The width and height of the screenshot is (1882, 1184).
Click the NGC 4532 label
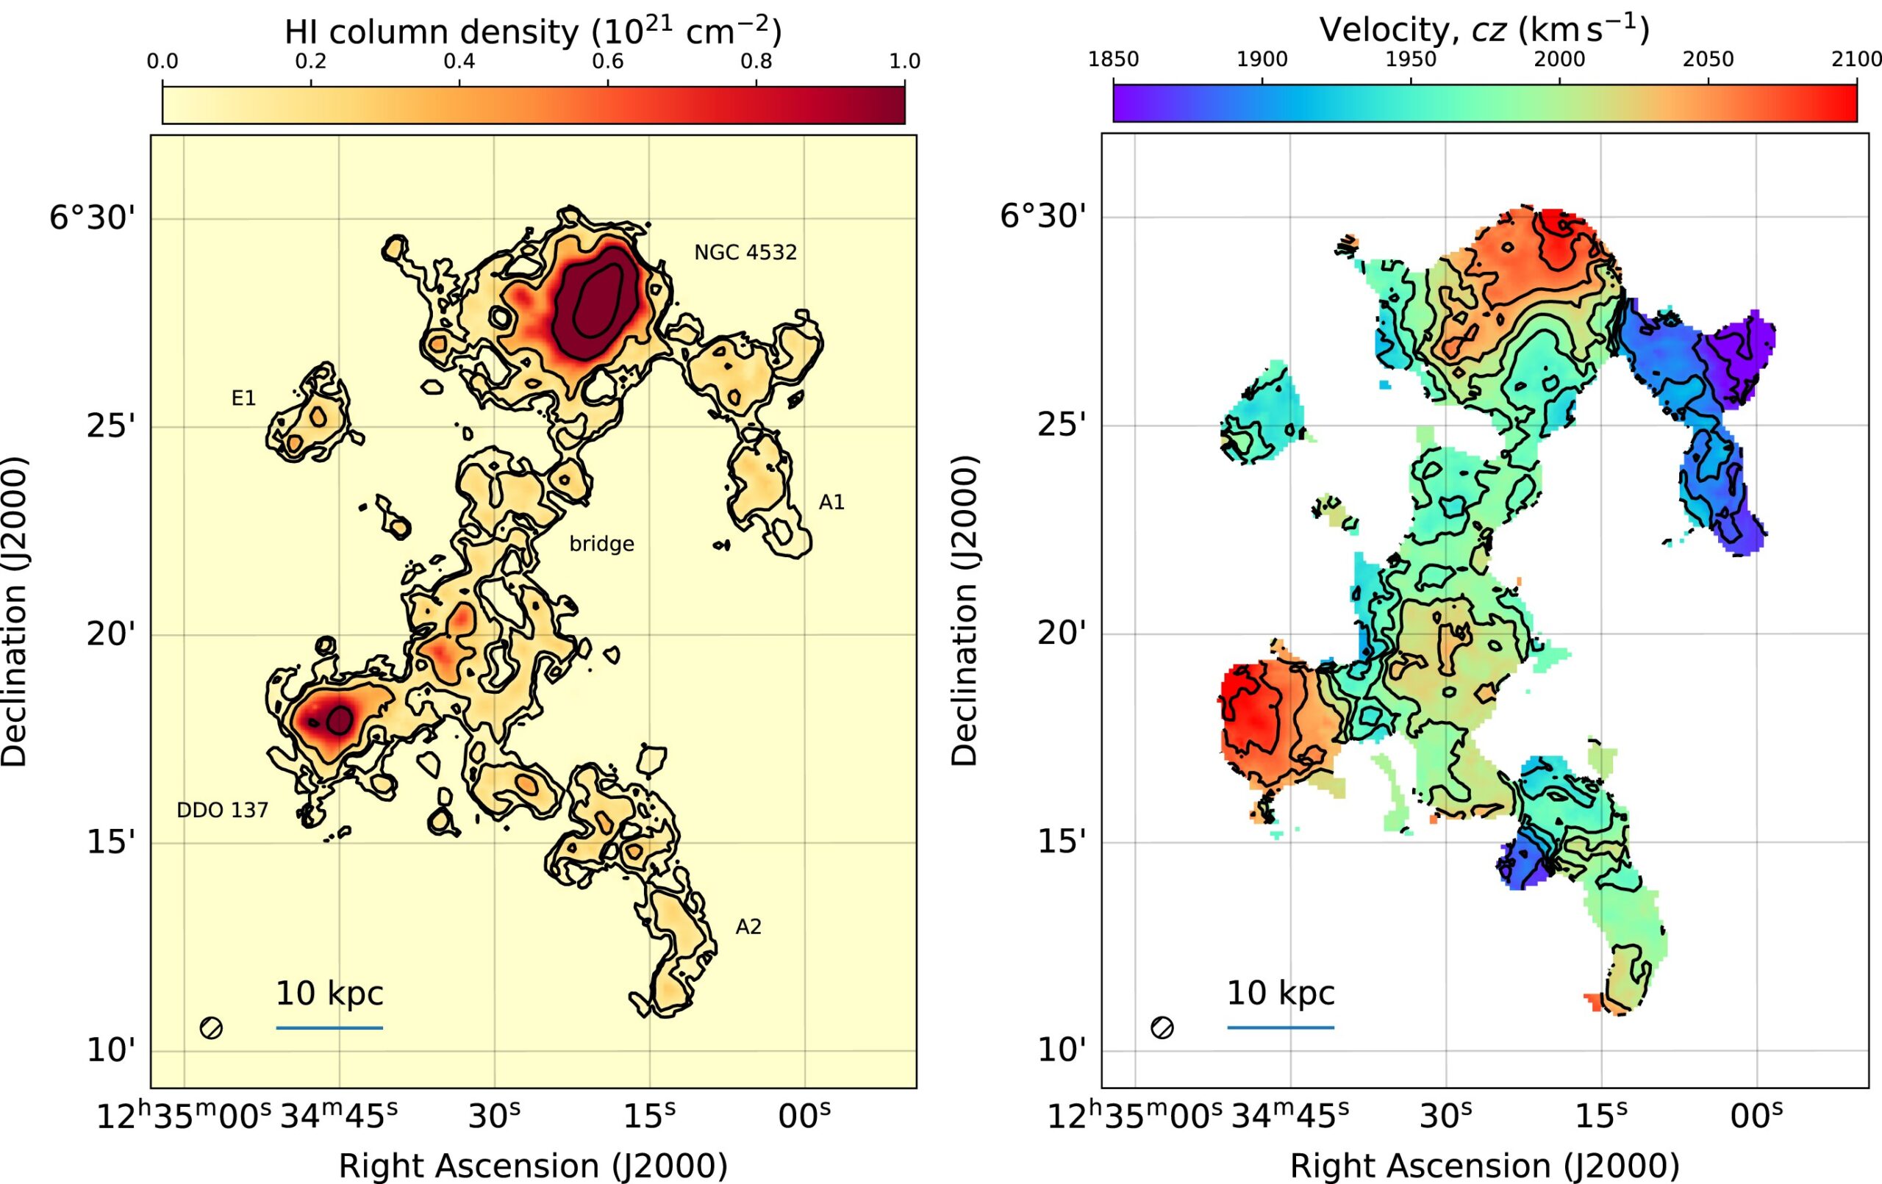(745, 252)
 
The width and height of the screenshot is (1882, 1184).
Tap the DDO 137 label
(222, 811)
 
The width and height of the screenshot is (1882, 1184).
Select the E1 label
(243, 398)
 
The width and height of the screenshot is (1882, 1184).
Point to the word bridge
(601, 544)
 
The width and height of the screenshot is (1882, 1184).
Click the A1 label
(831, 503)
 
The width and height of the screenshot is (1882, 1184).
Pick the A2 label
(748, 927)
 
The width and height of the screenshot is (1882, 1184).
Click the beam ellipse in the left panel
(211, 1027)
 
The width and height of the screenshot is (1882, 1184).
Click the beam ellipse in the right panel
(1162, 1027)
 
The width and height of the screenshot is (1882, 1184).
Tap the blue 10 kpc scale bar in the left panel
(329, 1027)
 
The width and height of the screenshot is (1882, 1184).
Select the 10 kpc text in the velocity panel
(1280, 994)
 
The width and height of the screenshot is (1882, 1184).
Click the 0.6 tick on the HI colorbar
(607, 62)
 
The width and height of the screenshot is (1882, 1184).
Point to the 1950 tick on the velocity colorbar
(1411, 60)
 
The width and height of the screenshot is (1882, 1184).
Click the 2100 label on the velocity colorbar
(1857, 60)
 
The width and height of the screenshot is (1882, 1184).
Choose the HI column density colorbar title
(533, 32)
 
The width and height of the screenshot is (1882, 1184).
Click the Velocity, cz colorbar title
(1484, 29)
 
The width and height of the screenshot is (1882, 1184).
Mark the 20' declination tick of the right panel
(1062, 634)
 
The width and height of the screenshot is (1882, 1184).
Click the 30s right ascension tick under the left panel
(494, 1116)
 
